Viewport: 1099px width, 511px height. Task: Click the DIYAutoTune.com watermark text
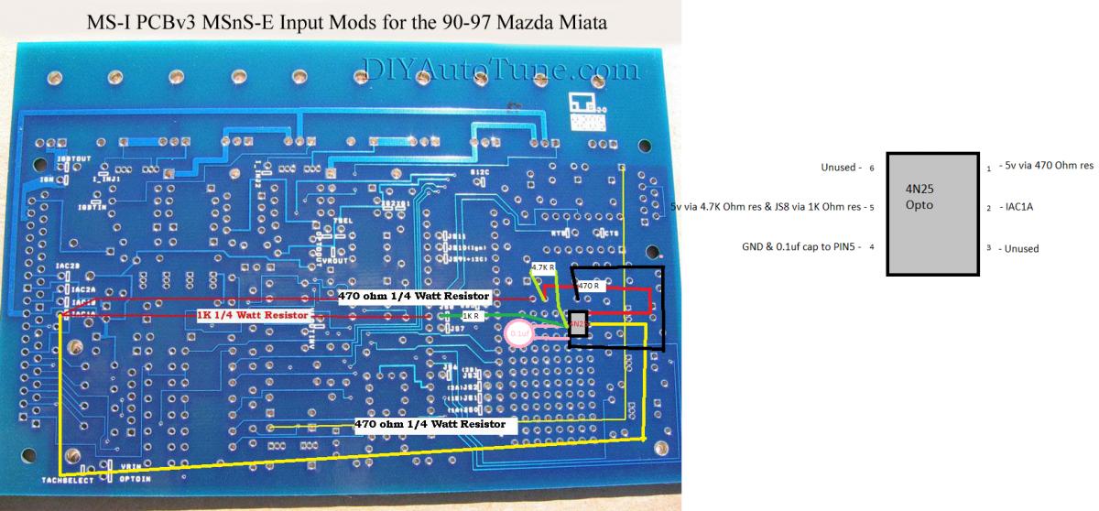pos(501,70)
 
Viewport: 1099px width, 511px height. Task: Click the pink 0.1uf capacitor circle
pos(518,335)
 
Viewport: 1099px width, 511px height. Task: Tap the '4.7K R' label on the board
pos(544,267)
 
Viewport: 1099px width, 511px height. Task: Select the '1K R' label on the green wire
pos(473,315)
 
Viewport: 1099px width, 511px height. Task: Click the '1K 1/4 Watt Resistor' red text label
pos(253,314)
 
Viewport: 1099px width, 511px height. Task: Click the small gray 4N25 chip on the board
pos(578,325)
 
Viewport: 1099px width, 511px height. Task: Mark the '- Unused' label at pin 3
pos(1018,248)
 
